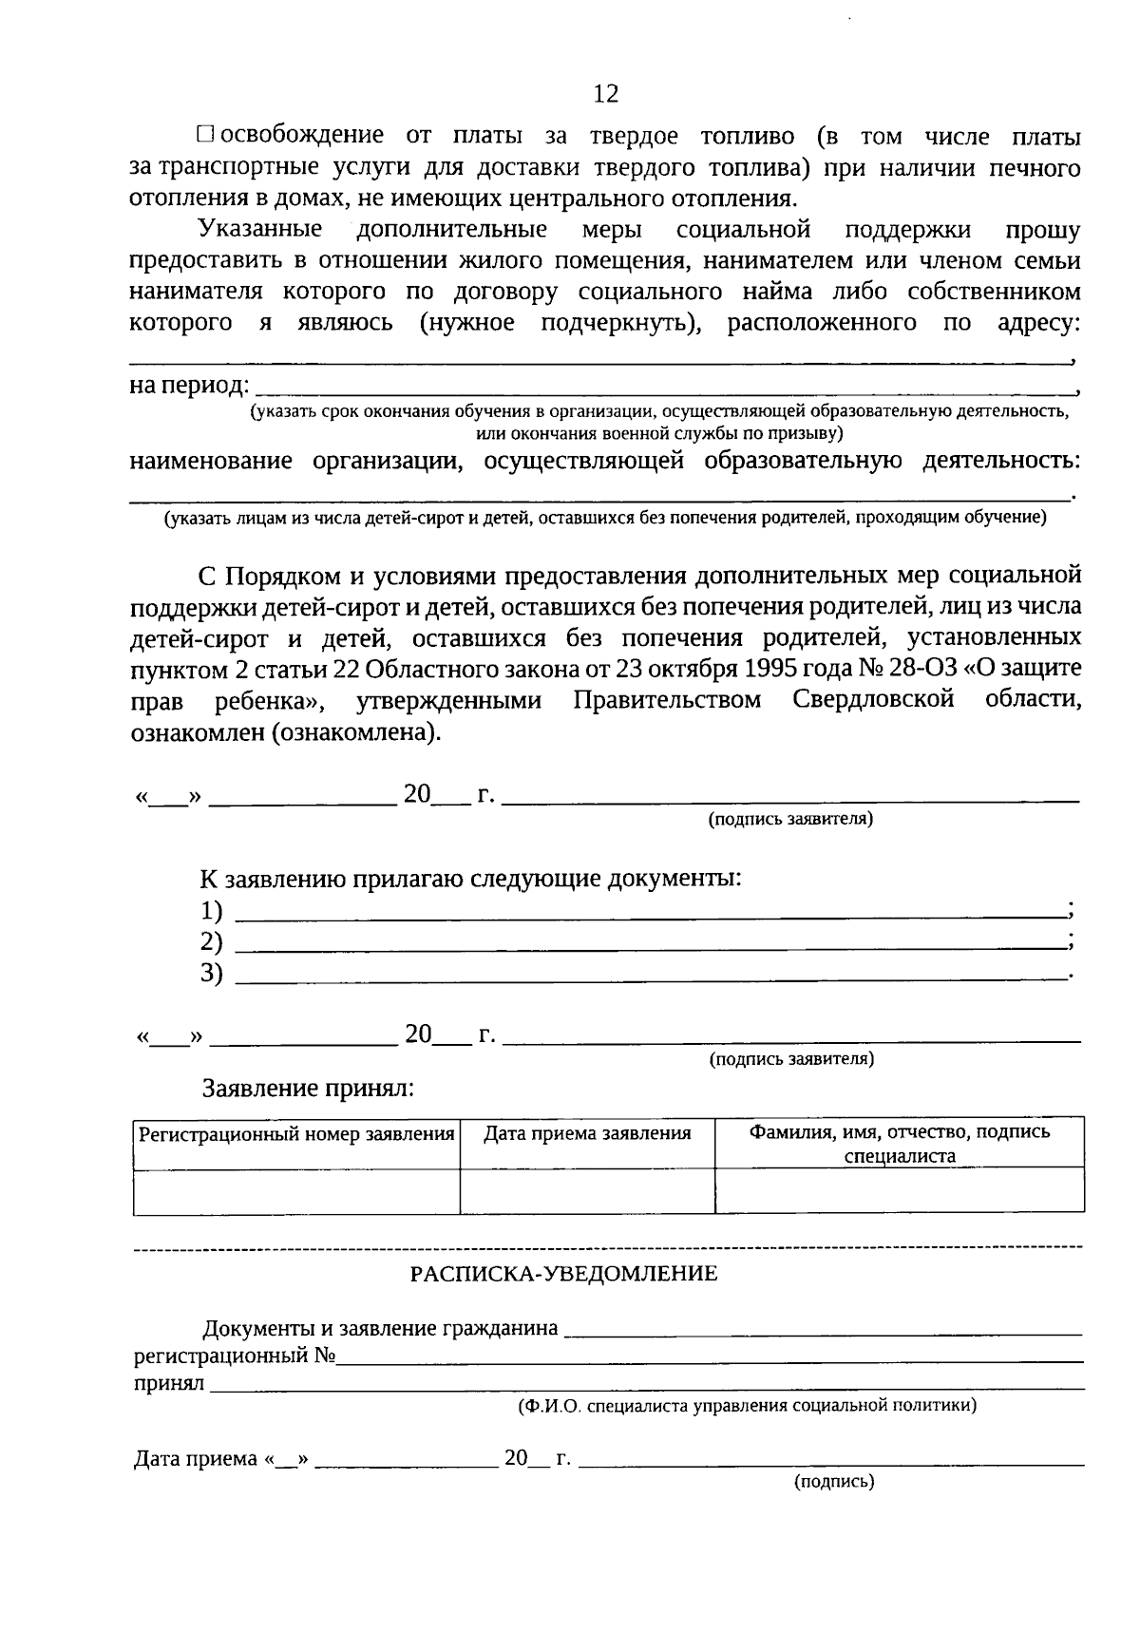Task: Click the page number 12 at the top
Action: tap(605, 93)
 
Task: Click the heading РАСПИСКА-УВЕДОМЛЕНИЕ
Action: tap(563, 1274)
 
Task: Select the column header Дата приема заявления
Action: tap(587, 1133)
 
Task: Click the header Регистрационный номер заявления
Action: tap(296, 1134)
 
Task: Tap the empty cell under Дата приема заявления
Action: tap(587, 1191)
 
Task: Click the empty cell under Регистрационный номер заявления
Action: tap(296, 1191)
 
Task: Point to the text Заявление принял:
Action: tap(308, 1089)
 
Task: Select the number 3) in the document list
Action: tap(211, 973)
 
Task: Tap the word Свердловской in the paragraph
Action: tap(871, 700)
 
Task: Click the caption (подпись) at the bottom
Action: tap(833, 1480)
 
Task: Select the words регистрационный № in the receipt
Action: tap(233, 1356)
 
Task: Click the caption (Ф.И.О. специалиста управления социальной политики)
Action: tap(747, 1405)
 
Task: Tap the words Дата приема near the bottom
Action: tap(195, 1458)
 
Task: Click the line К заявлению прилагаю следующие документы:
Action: tap(470, 878)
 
